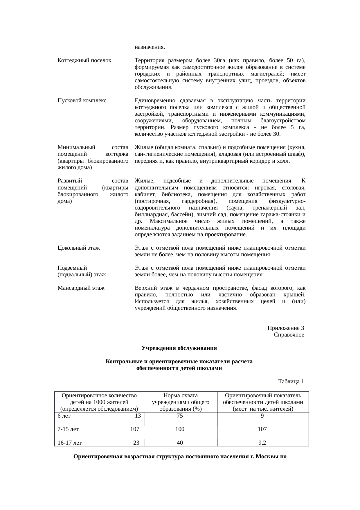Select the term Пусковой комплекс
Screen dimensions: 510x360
tap(82, 101)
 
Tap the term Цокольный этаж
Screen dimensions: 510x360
tap(79, 248)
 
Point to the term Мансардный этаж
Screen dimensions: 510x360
tap(81, 288)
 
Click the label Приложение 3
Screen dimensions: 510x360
tap(286, 328)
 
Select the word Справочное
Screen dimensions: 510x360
tap(289, 335)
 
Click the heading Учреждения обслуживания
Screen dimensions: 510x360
tap(179, 348)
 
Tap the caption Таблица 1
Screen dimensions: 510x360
tap(291, 381)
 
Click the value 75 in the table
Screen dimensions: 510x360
tap(180, 416)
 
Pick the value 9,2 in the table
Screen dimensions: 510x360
tap(262, 443)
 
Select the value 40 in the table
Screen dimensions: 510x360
tap(180, 443)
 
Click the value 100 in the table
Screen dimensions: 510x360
tap(180, 429)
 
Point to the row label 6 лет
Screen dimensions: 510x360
tap(64, 416)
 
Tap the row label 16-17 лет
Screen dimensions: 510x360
tap(69, 443)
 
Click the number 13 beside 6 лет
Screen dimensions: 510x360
tap(138, 416)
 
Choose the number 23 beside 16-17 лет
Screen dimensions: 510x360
tap(136, 443)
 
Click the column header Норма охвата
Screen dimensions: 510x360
tap(181, 396)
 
